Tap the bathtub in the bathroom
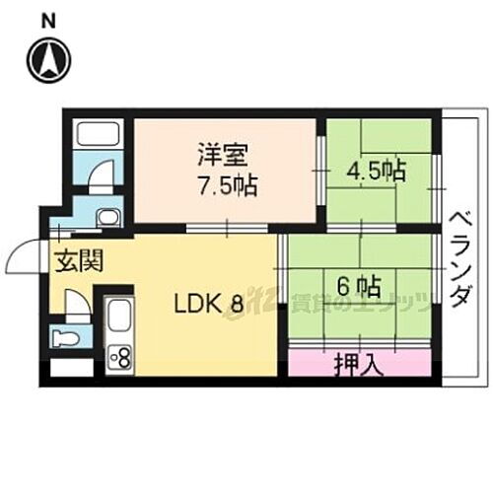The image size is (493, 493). (97, 135)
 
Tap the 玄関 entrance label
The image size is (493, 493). (75, 264)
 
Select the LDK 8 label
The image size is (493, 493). (209, 303)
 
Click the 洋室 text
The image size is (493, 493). (215, 156)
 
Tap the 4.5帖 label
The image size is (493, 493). (375, 170)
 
